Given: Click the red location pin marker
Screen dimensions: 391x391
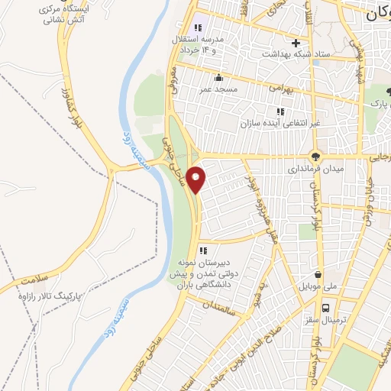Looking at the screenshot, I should point(197,179).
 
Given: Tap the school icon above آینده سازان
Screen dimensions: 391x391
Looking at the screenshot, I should point(280,111).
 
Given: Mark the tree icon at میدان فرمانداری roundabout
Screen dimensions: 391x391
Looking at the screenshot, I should point(315,154).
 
